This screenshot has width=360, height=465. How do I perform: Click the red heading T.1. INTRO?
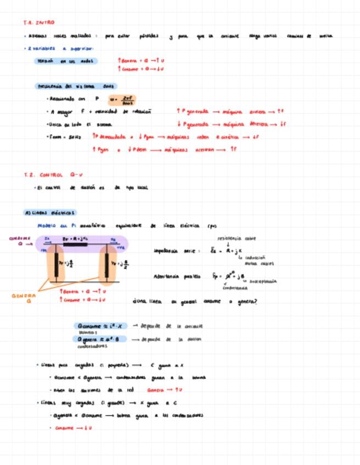[x=38, y=22]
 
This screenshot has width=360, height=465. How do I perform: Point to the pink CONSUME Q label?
[x=21, y=241]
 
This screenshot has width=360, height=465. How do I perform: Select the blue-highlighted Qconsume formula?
[x=102, y=326]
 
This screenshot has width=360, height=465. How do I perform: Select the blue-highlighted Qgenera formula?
[x=102, y=339]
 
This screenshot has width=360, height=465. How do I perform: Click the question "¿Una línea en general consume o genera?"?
[x=195, y=301]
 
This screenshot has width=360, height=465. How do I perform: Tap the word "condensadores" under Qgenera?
[x=92, y=346]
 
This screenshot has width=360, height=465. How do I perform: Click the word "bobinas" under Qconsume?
[x=87, y=332]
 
